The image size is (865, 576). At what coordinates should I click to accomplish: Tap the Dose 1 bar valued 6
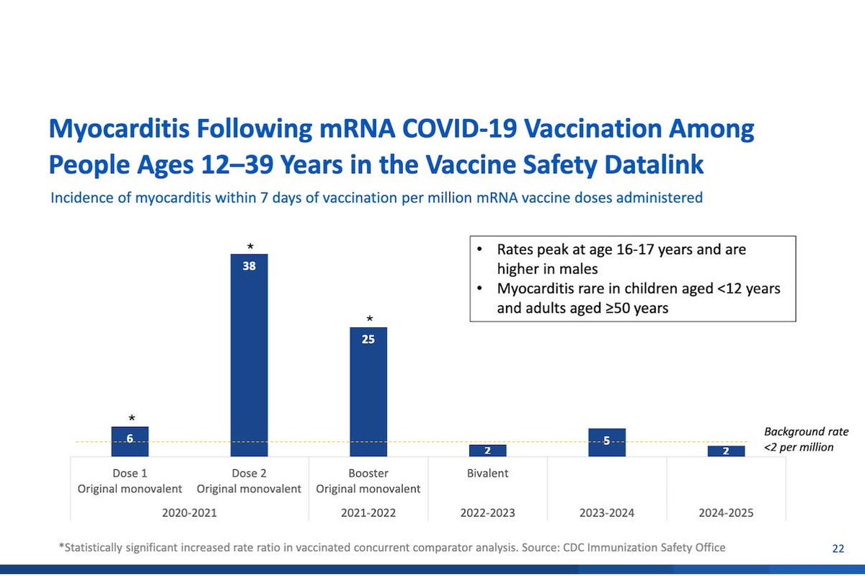130,441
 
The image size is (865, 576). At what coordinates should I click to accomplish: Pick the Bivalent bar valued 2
487,450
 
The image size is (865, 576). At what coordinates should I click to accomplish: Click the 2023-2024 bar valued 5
606,442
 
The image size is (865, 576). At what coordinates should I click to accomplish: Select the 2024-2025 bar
725,451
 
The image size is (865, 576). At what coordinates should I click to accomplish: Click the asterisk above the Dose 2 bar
249,245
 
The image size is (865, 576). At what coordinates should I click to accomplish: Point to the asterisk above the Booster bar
369,319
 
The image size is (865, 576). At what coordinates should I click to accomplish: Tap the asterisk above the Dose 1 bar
130,418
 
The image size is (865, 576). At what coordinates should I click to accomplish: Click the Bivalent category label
487,474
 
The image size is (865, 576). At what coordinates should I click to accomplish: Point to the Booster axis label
368,474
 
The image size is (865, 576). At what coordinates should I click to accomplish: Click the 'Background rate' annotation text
806,432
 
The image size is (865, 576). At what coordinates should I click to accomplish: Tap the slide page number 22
838,549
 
